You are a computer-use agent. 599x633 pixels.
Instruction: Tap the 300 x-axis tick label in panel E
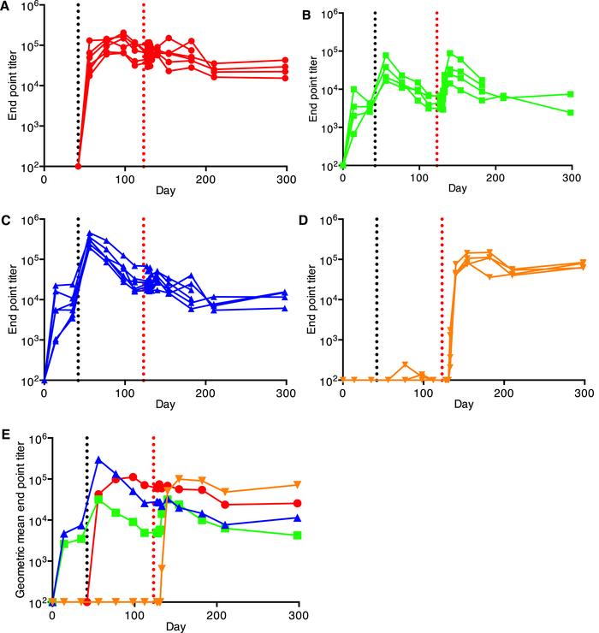(x=299, y=615)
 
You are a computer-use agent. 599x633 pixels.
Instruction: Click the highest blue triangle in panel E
(x=100, y=459)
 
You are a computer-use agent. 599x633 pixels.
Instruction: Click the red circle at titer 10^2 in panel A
(x=78, y=166)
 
